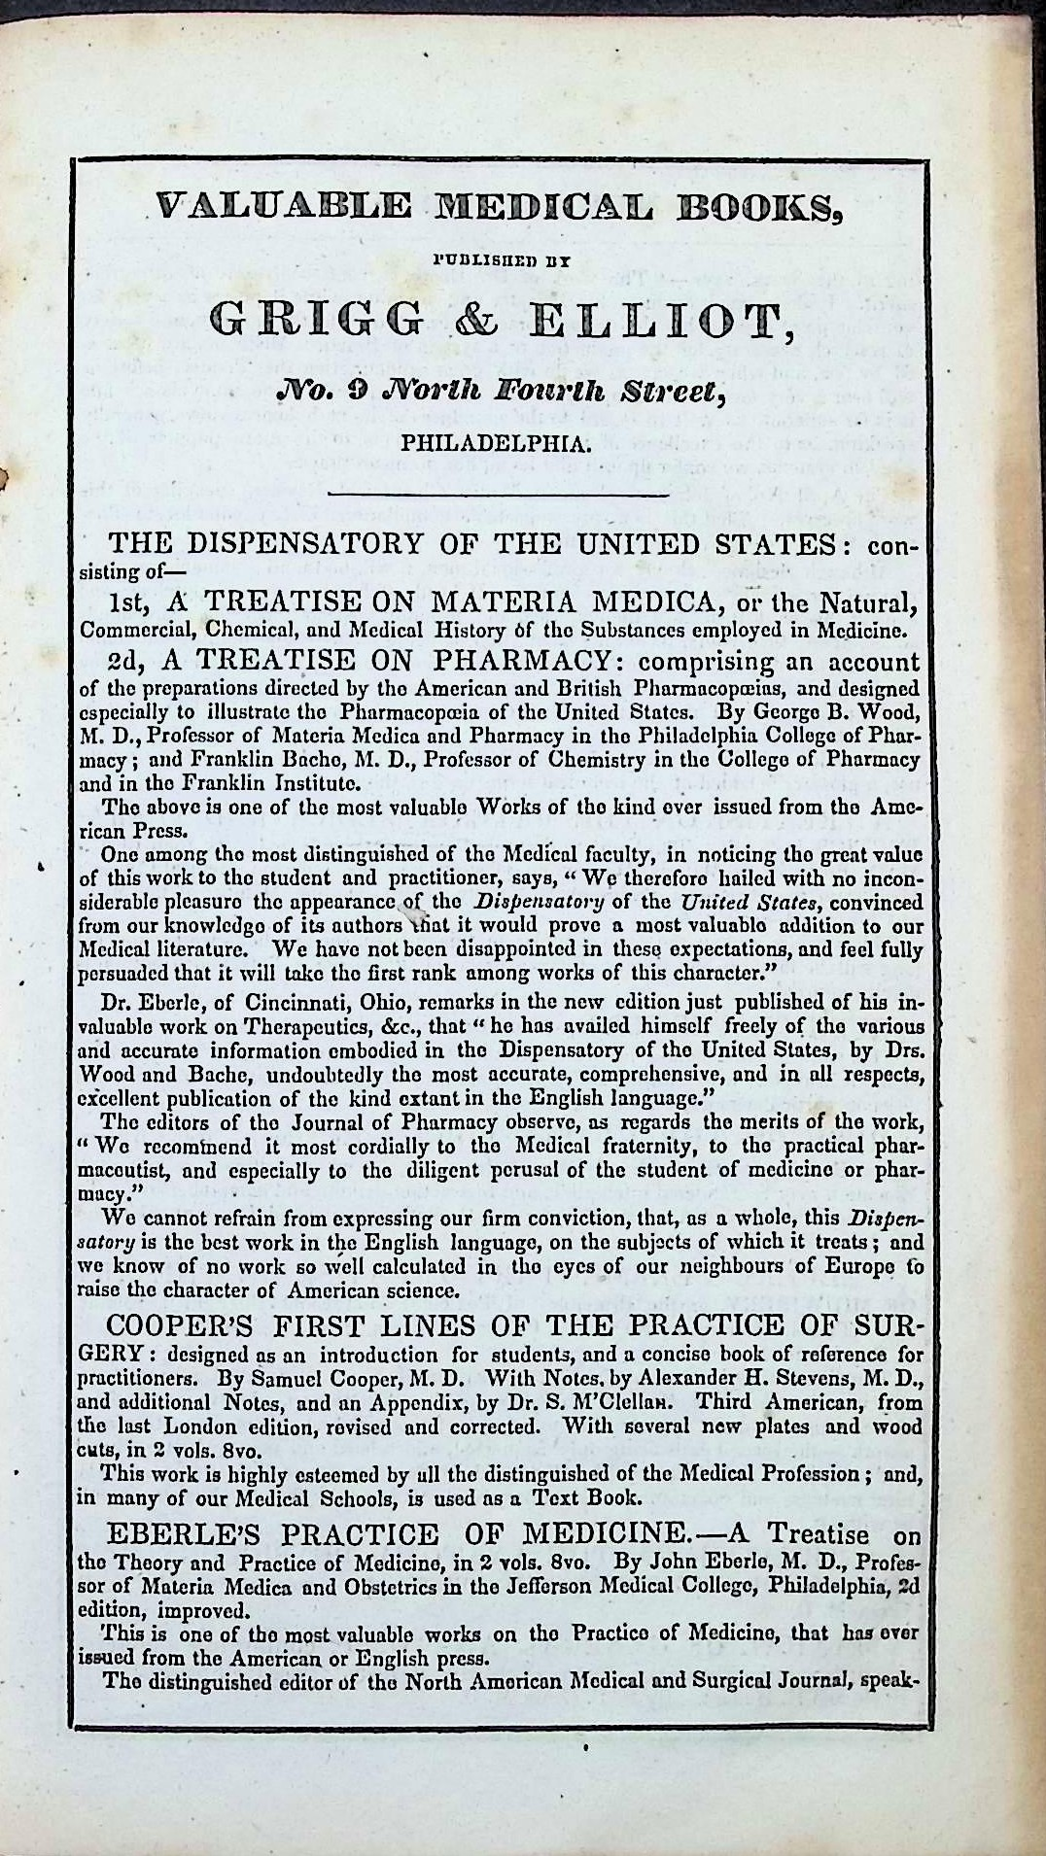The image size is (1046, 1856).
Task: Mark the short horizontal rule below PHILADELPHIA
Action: [500, 496]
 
